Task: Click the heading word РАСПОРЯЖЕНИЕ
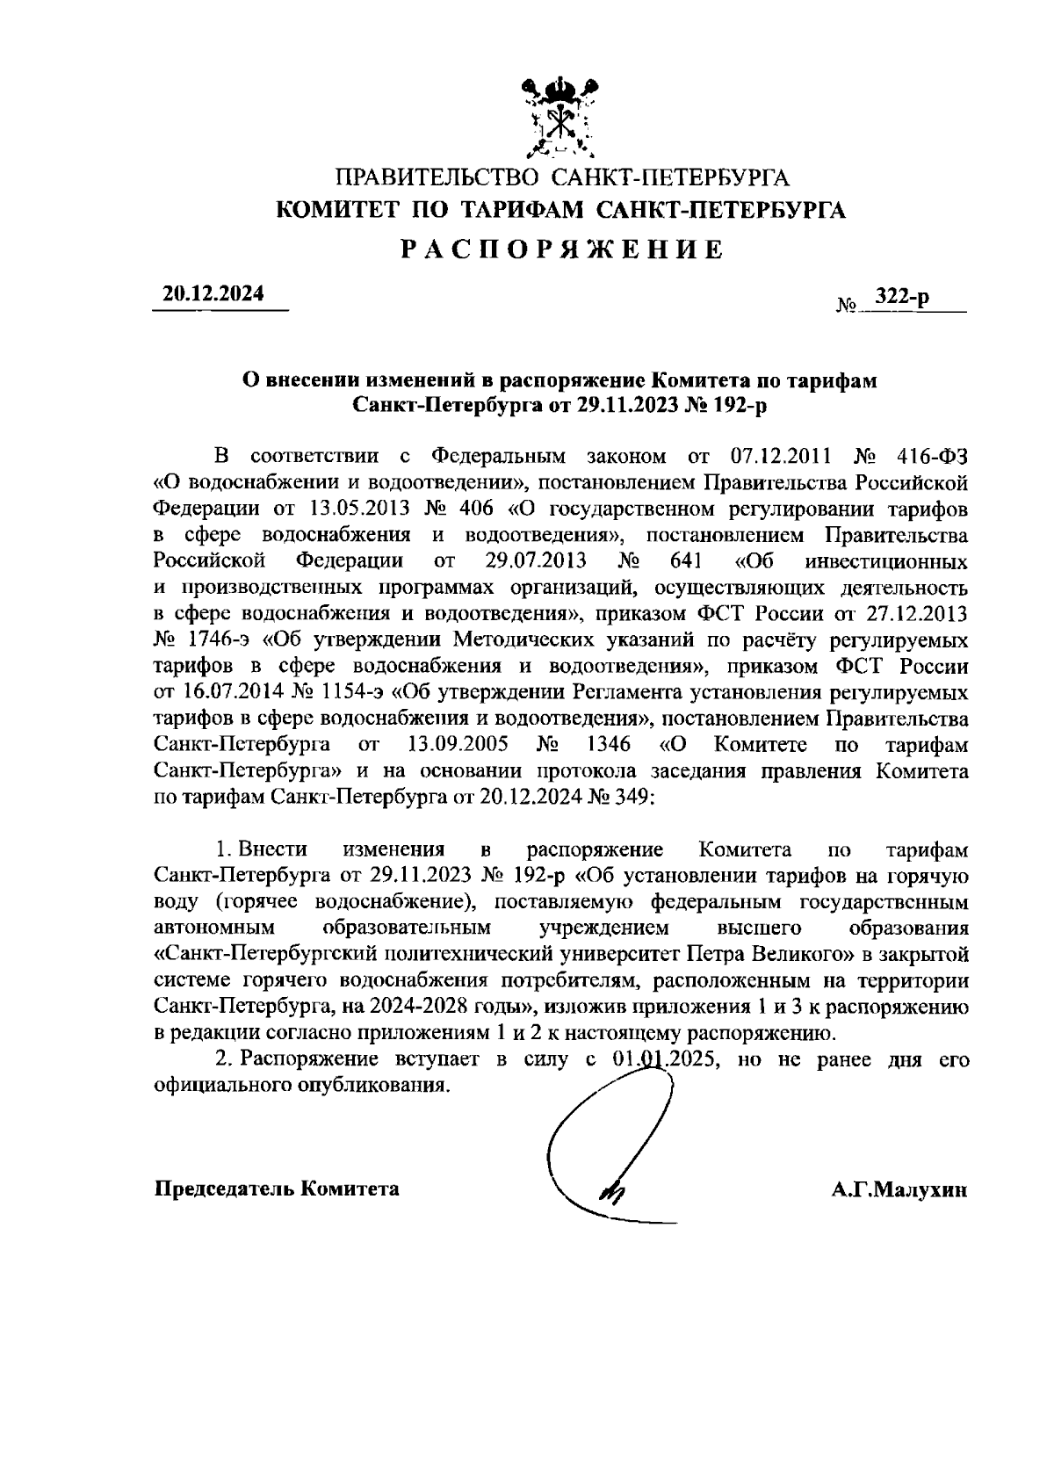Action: point(562,249)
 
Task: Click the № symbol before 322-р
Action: point(847,307)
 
